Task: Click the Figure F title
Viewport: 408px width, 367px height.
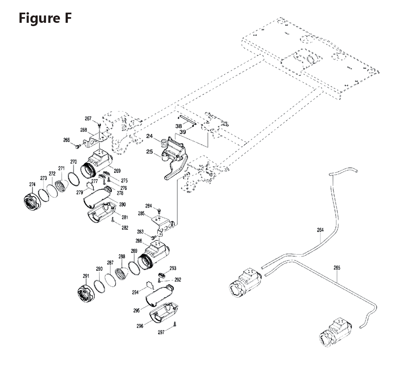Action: click(45, 18)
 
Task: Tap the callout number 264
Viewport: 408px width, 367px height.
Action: click(320, 230)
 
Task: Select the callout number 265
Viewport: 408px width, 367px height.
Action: click(337, 268)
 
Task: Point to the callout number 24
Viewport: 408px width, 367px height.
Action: click(150, 136)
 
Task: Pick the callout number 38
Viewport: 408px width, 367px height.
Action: click(179, 126)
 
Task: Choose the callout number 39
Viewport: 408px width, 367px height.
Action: click(183, 132)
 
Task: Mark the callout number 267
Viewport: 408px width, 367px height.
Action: click(88, 119)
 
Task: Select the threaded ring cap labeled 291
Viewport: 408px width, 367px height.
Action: click(86, 293)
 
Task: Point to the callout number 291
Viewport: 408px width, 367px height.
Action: click(86, 276)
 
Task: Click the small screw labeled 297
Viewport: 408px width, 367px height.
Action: click(175, 324)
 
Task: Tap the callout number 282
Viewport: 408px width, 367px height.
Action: click(125, 228)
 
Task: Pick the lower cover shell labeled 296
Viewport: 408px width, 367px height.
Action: click(164, 312)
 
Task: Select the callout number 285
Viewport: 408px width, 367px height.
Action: click(142, 213)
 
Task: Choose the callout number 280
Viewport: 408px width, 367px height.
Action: click(122, 204)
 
